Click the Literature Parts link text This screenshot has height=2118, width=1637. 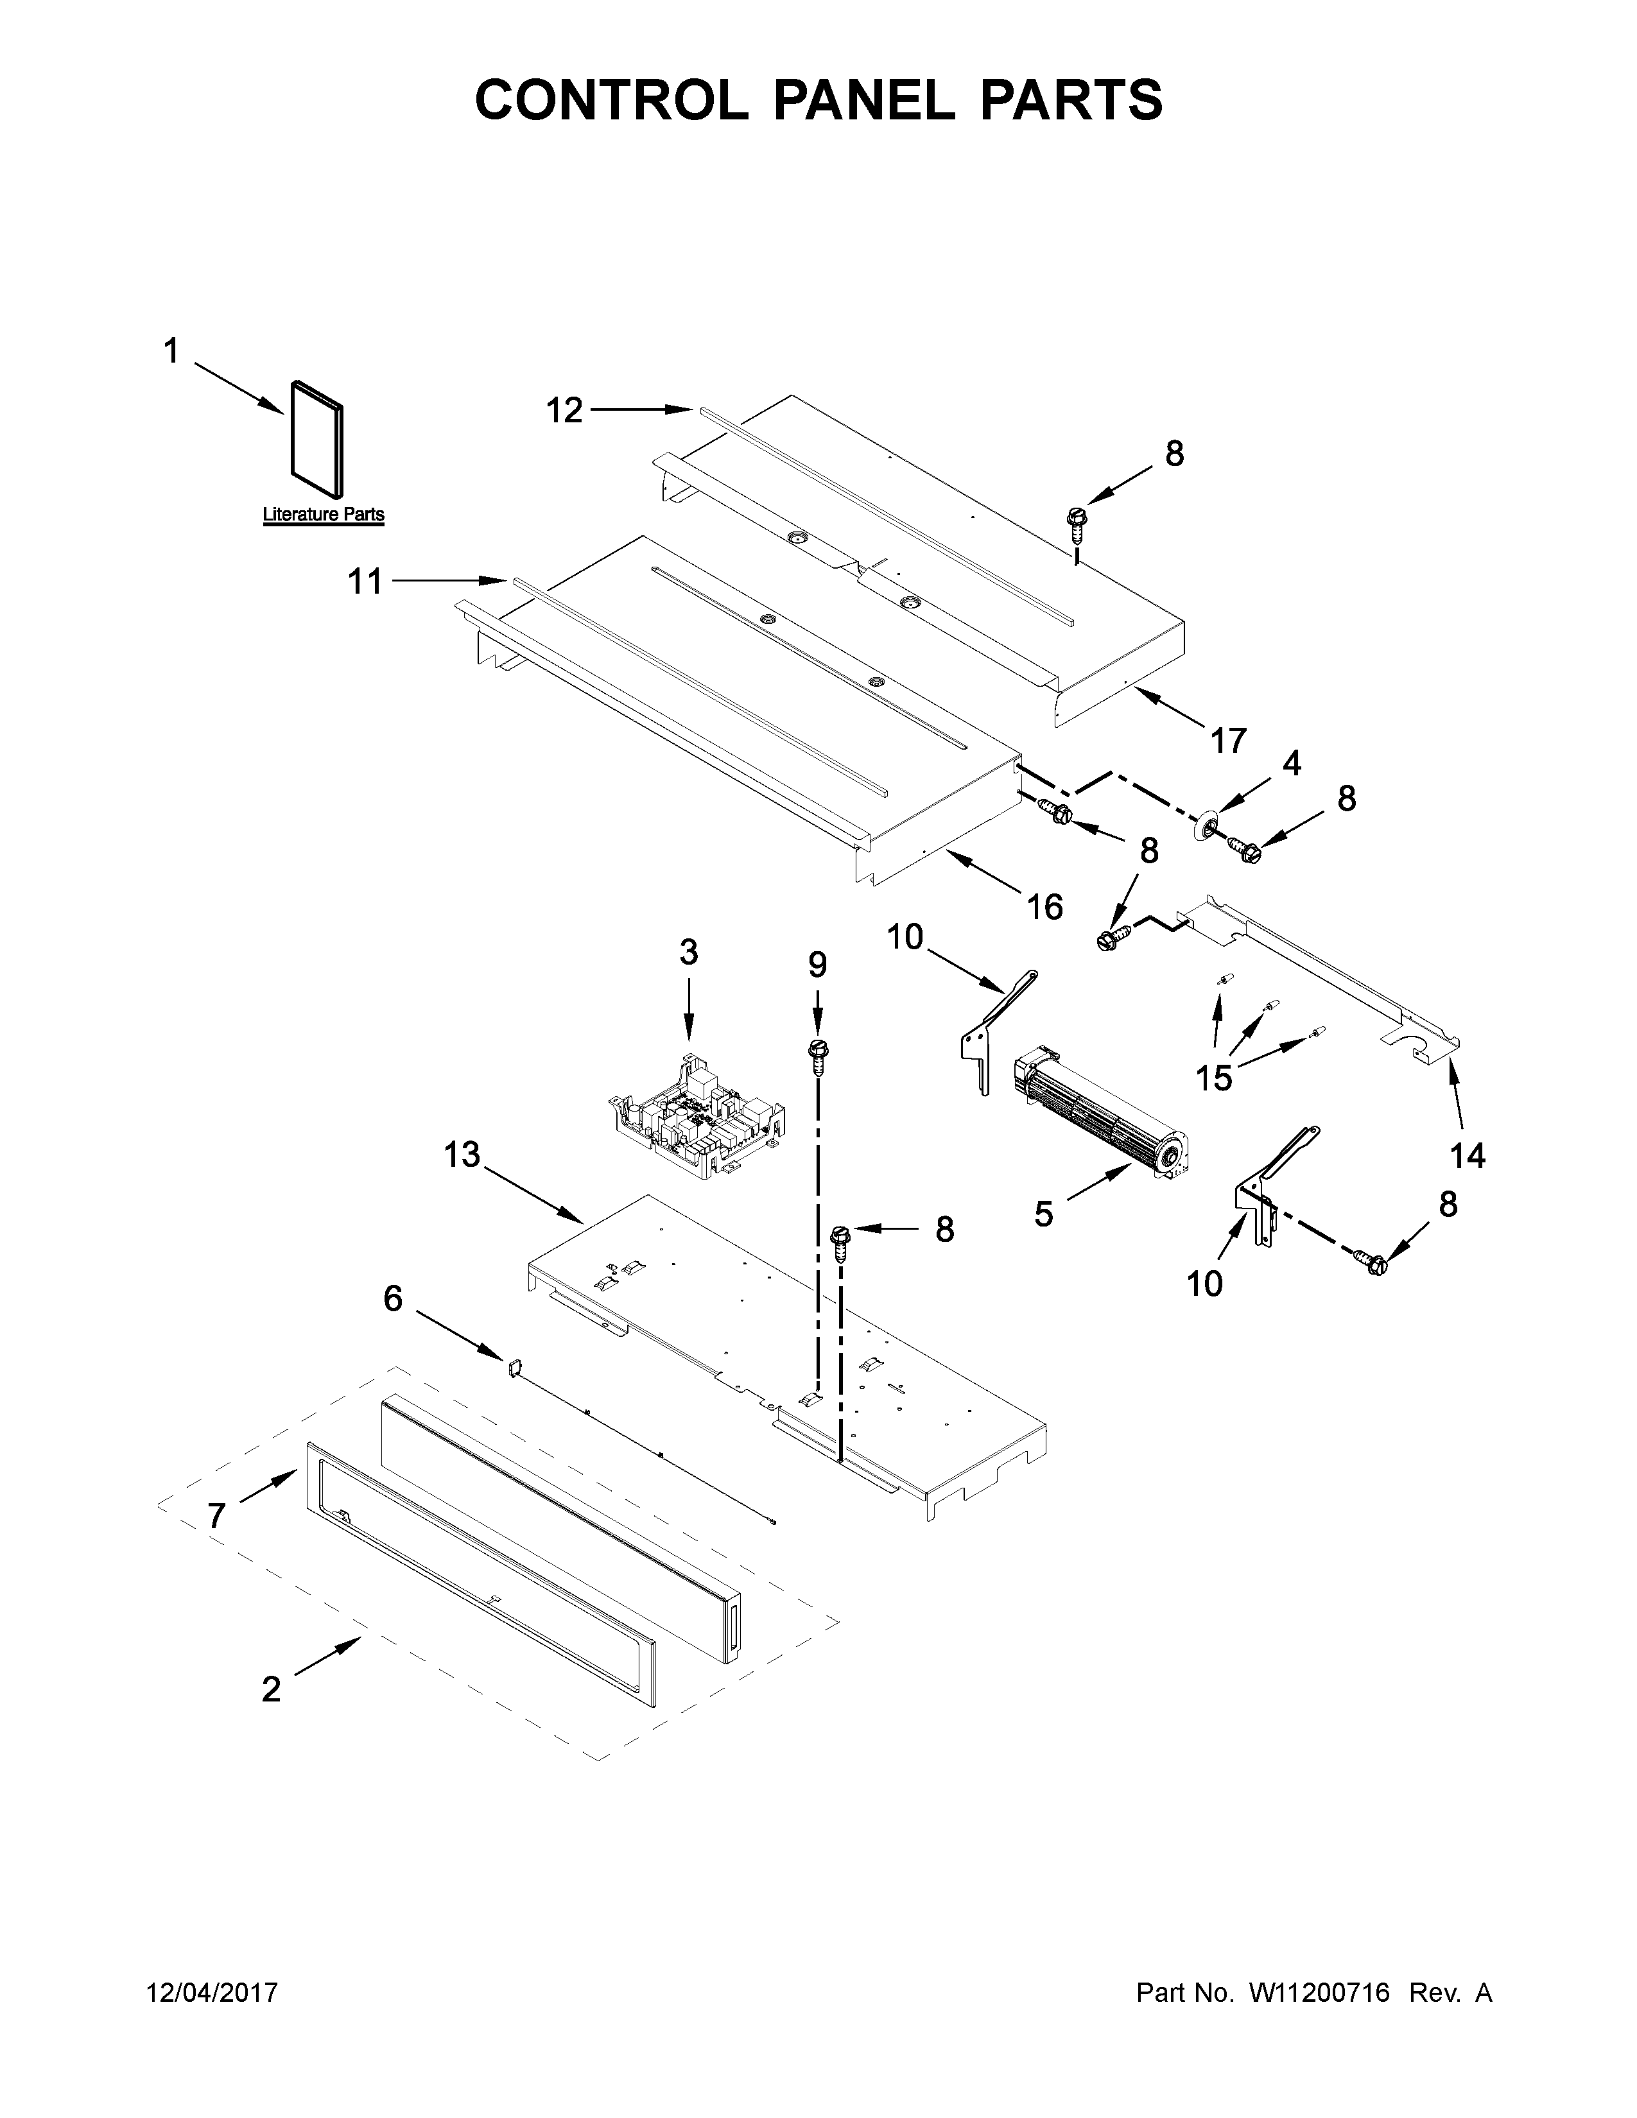pos(323,515)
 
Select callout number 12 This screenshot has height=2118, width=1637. pos(564,411)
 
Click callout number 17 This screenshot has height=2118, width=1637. pos(1227,741)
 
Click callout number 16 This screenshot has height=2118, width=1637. pos(1044,907)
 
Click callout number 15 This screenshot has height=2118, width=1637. pos(1214,1078)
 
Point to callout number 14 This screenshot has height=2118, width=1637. pos(1468,1155)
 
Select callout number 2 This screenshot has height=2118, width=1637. pos(272,1689)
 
